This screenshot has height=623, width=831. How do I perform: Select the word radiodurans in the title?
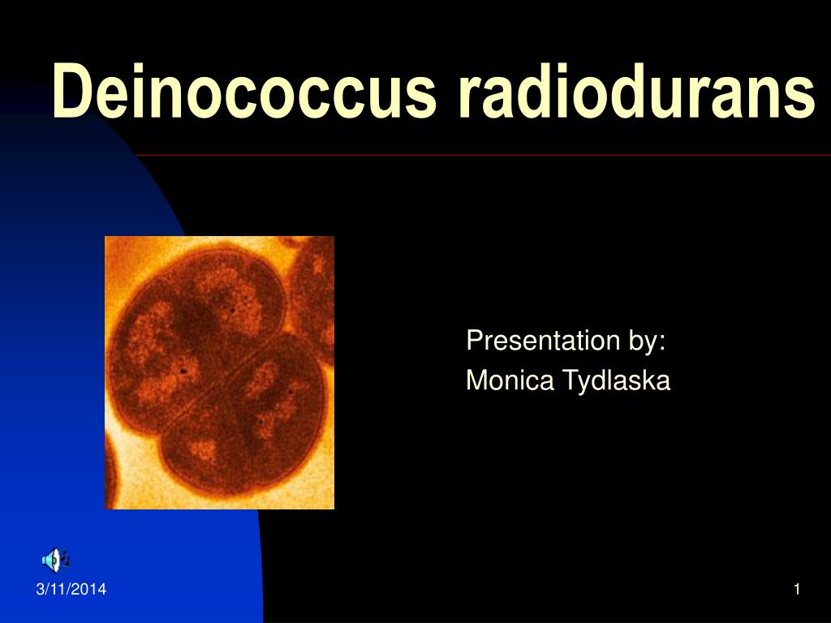[x=635, y=92]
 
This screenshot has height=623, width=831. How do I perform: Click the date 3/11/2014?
[x=71, y=590]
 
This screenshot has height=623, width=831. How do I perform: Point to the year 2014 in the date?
[x=91, y=590]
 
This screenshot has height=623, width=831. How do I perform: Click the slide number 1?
[x=797, y=590]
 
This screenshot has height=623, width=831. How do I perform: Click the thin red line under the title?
[x=487, y=154]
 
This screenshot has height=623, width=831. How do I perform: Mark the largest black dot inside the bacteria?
[x=184, y=372]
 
